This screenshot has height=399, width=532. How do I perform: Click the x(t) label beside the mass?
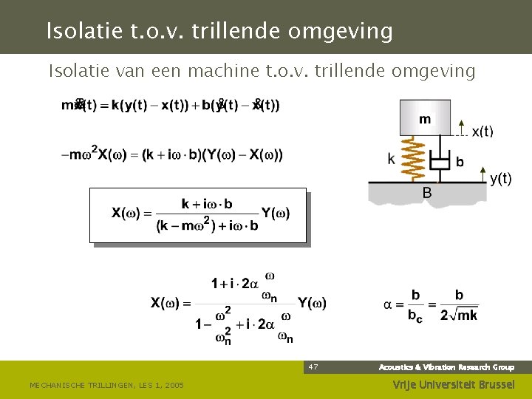(x=482, y=132)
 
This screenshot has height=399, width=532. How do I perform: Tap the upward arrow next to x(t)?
(x=461, y=128)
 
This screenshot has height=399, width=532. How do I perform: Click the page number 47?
(x=313, y=366)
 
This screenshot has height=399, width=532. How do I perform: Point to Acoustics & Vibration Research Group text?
(x=446, y=367)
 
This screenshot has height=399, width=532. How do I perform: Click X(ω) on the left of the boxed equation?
(x=126, y=214)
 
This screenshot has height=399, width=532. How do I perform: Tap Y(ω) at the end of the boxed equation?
(x=275, y=214)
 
